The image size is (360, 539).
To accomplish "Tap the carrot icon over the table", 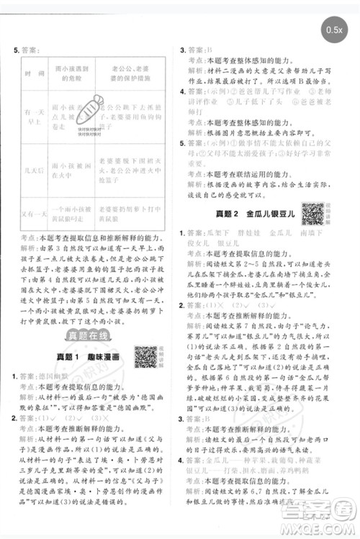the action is (x=89, y=107).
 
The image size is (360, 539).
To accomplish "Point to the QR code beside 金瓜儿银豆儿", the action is (x=312, y=213).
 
